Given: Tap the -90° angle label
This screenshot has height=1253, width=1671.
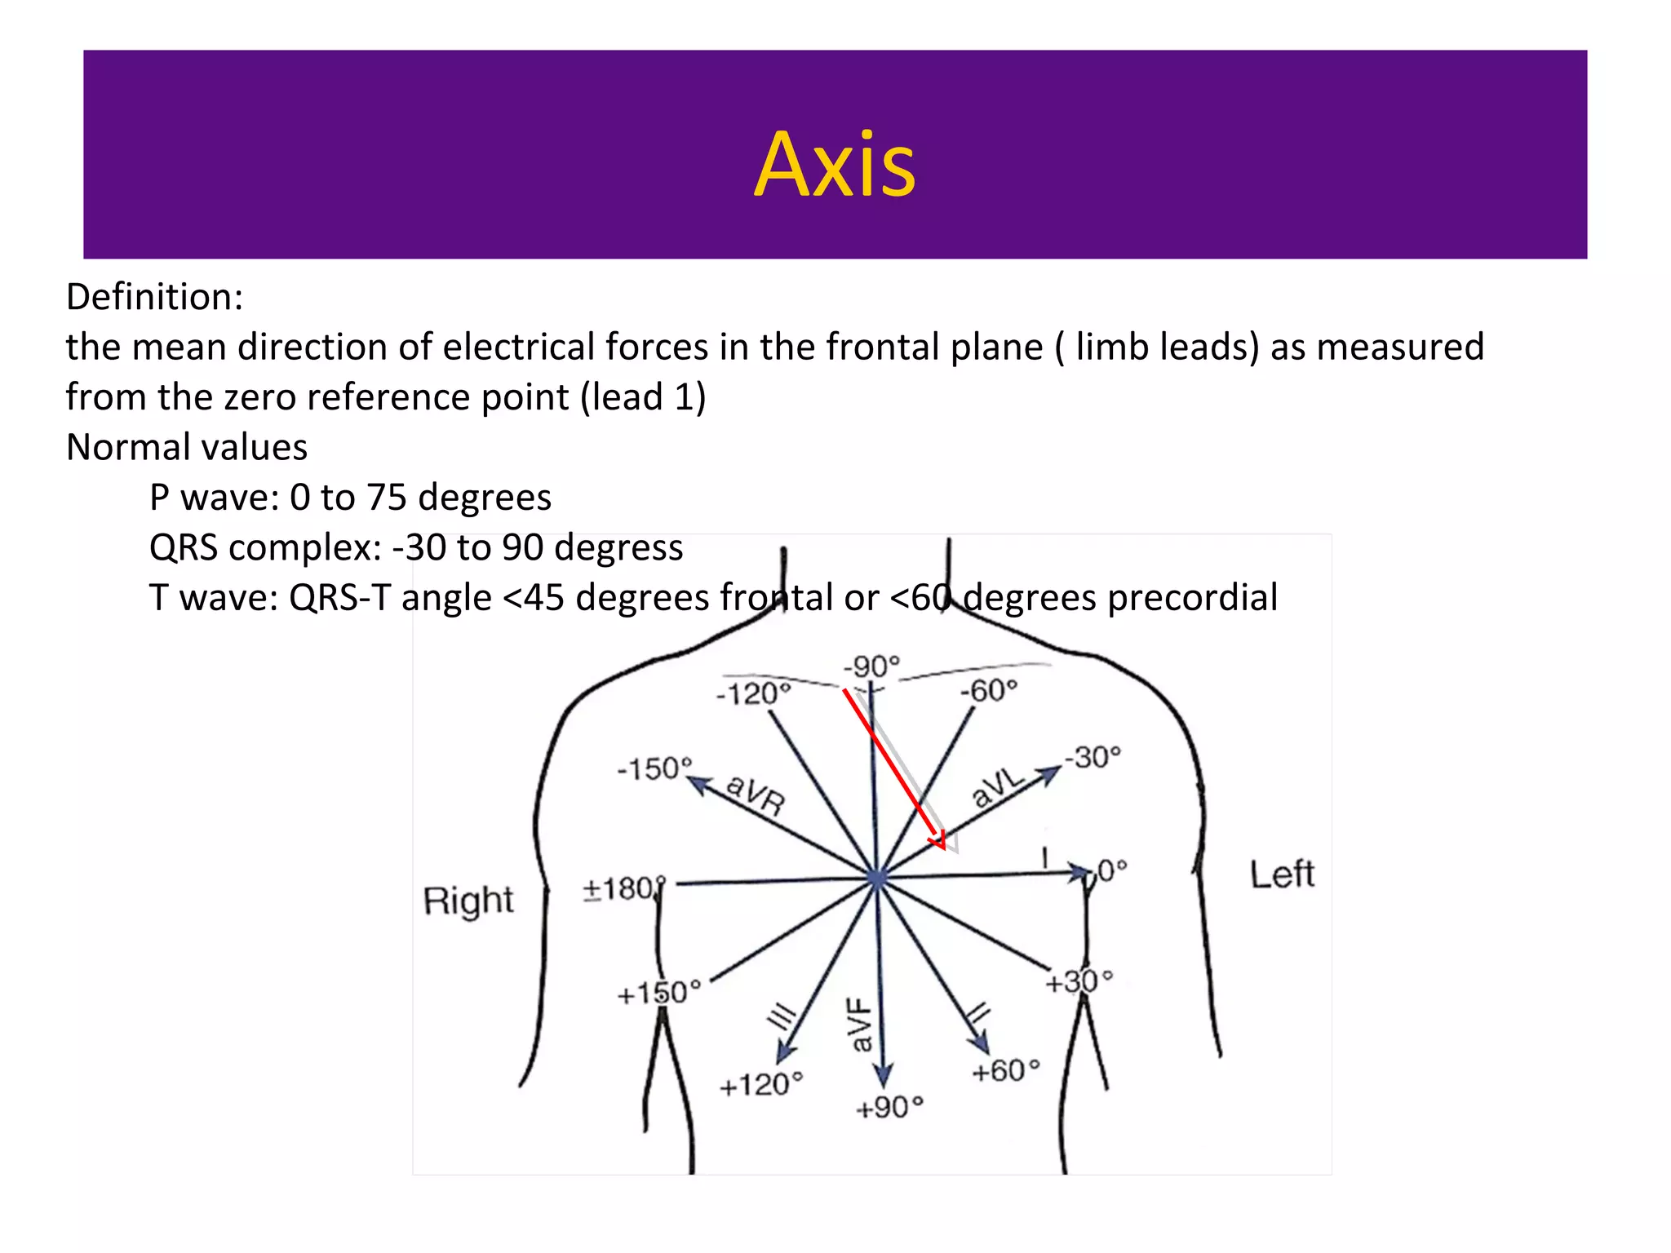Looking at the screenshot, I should (871, 666).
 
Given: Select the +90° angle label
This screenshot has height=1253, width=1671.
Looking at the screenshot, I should (889, 1107).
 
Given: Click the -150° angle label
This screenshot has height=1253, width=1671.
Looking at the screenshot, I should (654, 768).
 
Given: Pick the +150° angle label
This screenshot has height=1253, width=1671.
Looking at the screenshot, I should (658, 993).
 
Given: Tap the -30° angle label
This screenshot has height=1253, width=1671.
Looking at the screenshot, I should (1093, 757).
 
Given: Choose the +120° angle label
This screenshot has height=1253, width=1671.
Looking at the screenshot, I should (760, 1085).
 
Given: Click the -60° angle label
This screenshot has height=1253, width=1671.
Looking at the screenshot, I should (988, 691).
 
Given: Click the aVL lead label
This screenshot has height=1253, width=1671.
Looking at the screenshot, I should (997, 787).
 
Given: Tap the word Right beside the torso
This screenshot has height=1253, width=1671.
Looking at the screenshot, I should (468, 901).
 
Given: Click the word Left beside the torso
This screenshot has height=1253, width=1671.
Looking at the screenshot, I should (1282, 874).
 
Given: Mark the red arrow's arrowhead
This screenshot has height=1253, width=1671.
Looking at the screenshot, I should (939, 840).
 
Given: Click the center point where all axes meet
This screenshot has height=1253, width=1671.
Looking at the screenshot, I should (877, 879).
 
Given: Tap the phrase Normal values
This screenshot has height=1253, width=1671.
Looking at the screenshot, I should (187, 447).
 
